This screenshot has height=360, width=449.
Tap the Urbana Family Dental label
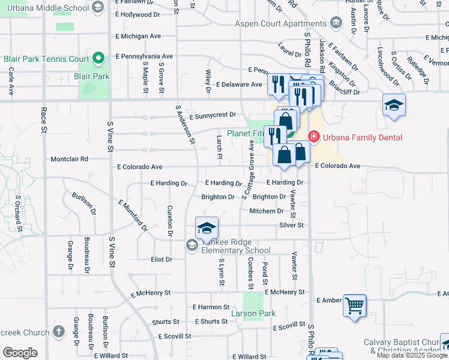[x=353, y=137]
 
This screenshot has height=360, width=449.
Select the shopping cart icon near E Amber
[x=354, y=305]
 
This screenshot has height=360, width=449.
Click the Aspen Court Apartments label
[x=281, y=23]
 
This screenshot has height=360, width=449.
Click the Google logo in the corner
[x=20, y=352]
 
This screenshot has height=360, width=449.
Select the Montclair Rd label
[x=69, y=159]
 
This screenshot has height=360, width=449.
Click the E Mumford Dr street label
[x=133, y=216]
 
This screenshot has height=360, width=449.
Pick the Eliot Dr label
[x=161, y=260]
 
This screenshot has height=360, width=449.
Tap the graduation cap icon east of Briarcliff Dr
[x=394, y=106]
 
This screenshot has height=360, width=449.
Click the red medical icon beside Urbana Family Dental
[x=313, y=137]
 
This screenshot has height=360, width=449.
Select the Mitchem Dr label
[x=266, y=211]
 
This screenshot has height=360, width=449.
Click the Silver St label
[x=292, y=225]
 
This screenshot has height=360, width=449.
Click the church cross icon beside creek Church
[x=58, y=331]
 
